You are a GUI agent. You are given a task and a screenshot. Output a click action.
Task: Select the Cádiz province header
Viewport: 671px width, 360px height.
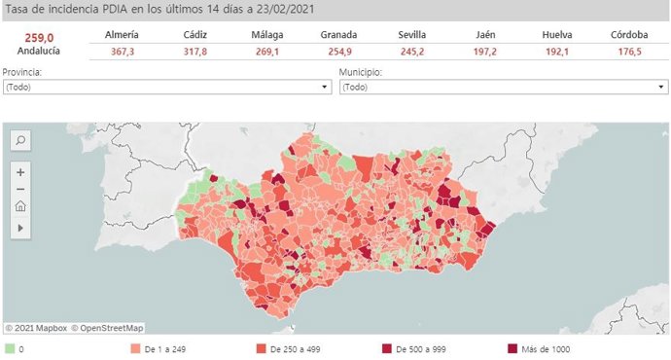[x=194, y=35]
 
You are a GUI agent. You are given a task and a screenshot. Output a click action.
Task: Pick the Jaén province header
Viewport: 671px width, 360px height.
[x=486, y=35]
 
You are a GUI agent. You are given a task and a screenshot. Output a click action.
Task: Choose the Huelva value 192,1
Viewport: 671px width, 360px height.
[x=558, y=53]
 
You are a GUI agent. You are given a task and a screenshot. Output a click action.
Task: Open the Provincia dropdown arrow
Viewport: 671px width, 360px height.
[x=325, y=88]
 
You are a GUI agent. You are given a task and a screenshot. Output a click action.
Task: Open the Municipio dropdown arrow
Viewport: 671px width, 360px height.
[x=660, y=88]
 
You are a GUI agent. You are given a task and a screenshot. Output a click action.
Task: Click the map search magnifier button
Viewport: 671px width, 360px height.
[x=20, y=140]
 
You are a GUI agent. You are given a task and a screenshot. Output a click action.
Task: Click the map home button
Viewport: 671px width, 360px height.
[x=20, y=206]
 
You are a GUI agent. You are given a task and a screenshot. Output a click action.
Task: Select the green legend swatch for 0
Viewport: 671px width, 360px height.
[x=10, y=347]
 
